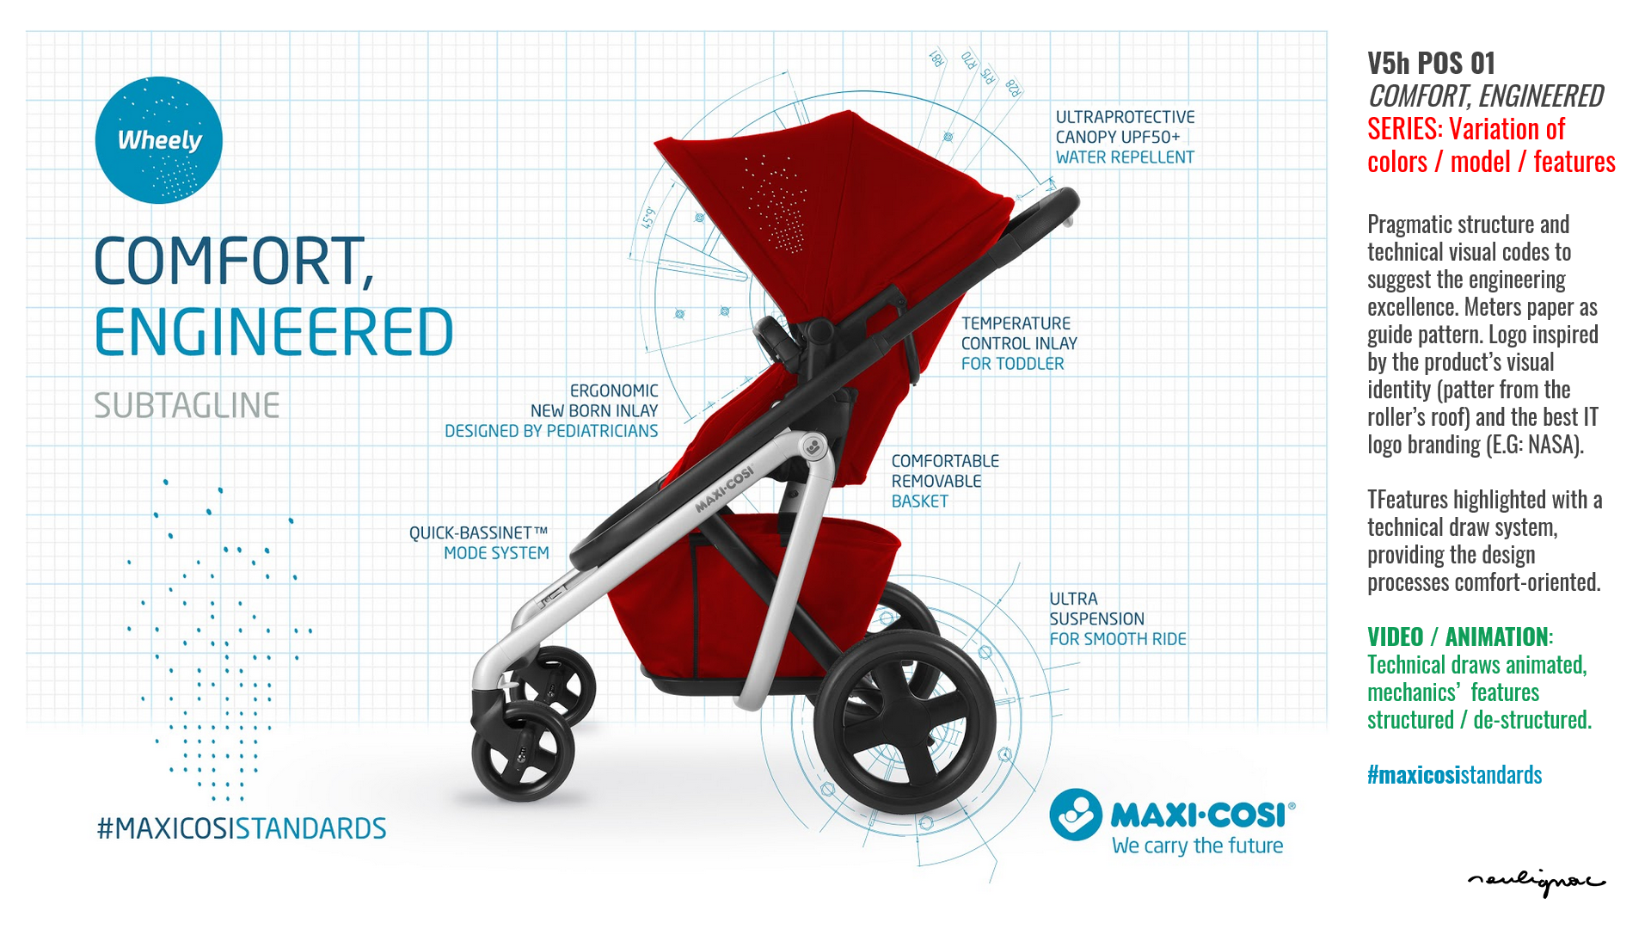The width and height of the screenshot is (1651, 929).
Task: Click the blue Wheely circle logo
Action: click(159, 140)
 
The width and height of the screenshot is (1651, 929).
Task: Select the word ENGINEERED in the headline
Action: click(273, 332)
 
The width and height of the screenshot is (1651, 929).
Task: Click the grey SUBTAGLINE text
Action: click(187, 405)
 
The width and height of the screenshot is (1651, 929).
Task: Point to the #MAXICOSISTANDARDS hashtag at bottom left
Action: click(242, 828)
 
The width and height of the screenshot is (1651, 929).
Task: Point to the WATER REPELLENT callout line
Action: click(1125, 157)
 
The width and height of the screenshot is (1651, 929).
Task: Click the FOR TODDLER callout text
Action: click(1012, 364)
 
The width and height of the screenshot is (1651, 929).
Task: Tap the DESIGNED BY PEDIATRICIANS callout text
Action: click(551, 431)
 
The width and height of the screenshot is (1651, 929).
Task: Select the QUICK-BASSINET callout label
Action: click(478, 533)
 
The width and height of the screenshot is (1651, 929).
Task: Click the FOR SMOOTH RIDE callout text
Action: click(1117, 639)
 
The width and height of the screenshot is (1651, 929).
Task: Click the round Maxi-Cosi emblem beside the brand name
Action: click(1076, 815)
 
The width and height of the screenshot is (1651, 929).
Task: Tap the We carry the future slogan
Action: click(1197, 846)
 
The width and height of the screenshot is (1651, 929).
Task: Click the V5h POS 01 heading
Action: click(1432, 63)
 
